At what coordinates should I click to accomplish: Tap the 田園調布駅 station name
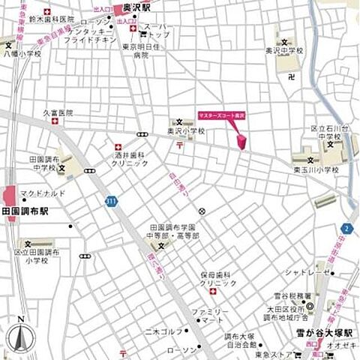tap(25, 213)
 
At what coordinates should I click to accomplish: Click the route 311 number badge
tap(112, 201)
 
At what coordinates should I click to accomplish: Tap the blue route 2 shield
tap(346, 228)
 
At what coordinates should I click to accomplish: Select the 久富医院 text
tap(58, 113)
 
